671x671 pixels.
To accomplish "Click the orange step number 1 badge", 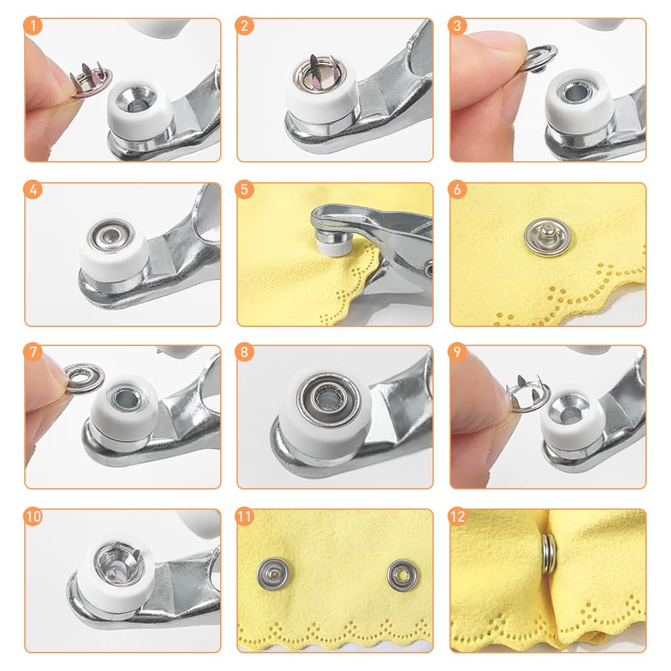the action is [33, 26].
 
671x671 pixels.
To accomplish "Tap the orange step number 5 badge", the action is [244, 189].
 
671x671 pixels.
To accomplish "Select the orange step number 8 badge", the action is [244, 352].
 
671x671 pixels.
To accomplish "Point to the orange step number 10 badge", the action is [33, 516].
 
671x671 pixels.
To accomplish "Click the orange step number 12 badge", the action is [457, 516].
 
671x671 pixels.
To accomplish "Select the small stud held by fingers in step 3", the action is [541, 58].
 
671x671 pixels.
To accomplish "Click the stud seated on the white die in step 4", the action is [111, 236].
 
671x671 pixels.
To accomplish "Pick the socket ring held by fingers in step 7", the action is [85, 377].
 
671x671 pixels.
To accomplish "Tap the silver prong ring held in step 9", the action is [527, 394].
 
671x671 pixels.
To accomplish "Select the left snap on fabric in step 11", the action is [272, 573].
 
